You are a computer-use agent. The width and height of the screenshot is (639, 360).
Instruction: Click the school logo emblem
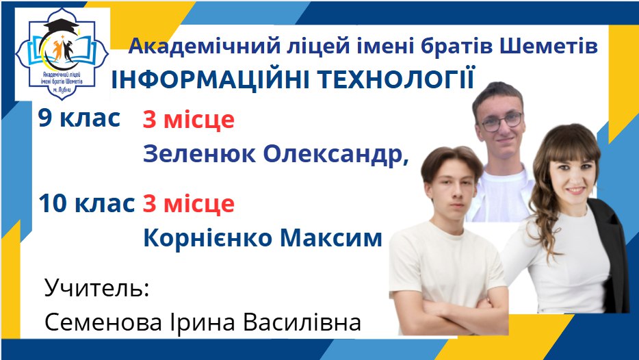pyautogui.click(x=62, y=54)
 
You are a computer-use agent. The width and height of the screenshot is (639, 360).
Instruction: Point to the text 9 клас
pyautogui.click(x=79, y=118)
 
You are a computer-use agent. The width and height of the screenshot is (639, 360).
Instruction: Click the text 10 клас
pyautogui.click(x=86, y=203)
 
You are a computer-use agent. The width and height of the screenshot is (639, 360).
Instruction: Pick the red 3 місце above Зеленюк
pyautogui.click(x=189, y=120)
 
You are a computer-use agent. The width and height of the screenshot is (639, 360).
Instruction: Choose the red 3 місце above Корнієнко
pyautogui.click(x=189, y=204)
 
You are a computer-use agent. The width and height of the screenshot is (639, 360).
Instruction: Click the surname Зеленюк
pyautogui.click(x=200, y=154)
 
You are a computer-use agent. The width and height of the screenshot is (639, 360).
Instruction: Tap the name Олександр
pyautogui.click(x=336, y=155)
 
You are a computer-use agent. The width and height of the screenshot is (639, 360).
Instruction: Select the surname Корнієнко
pyautogui.click(x=208, y=237)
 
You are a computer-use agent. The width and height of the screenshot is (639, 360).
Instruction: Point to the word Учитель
pyautogui.click(x=97, y=288)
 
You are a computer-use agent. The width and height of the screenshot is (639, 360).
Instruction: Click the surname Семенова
pyautogui.click(x=104, y=322)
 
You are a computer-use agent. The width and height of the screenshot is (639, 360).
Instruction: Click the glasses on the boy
pyautogui.click(x=501, y=122)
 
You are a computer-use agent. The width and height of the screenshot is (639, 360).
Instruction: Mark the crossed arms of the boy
pyautogui.click(x=448, y=311)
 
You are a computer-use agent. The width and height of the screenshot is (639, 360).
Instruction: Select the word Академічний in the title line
pyautogui.click(x=204, y=47)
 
